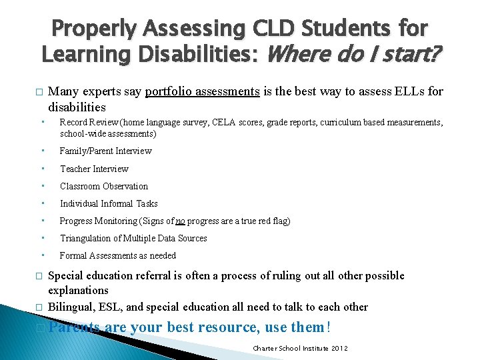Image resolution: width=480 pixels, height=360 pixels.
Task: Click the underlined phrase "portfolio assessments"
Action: pyautogui.click(x=202, y=92)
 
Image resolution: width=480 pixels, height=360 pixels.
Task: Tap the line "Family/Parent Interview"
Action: pyautogui.click(x=105, y=151)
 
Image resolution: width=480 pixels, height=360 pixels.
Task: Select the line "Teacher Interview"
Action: pyautogui.click(x=94, y=169)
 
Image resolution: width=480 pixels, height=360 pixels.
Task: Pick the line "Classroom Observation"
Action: pyautogui.click(x=104, y=186)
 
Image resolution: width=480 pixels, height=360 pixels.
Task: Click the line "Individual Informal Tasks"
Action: pyautogui.click(x=109, y=203)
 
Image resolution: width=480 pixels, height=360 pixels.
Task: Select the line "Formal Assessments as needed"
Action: pyautogui.click(x=118, y=255)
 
